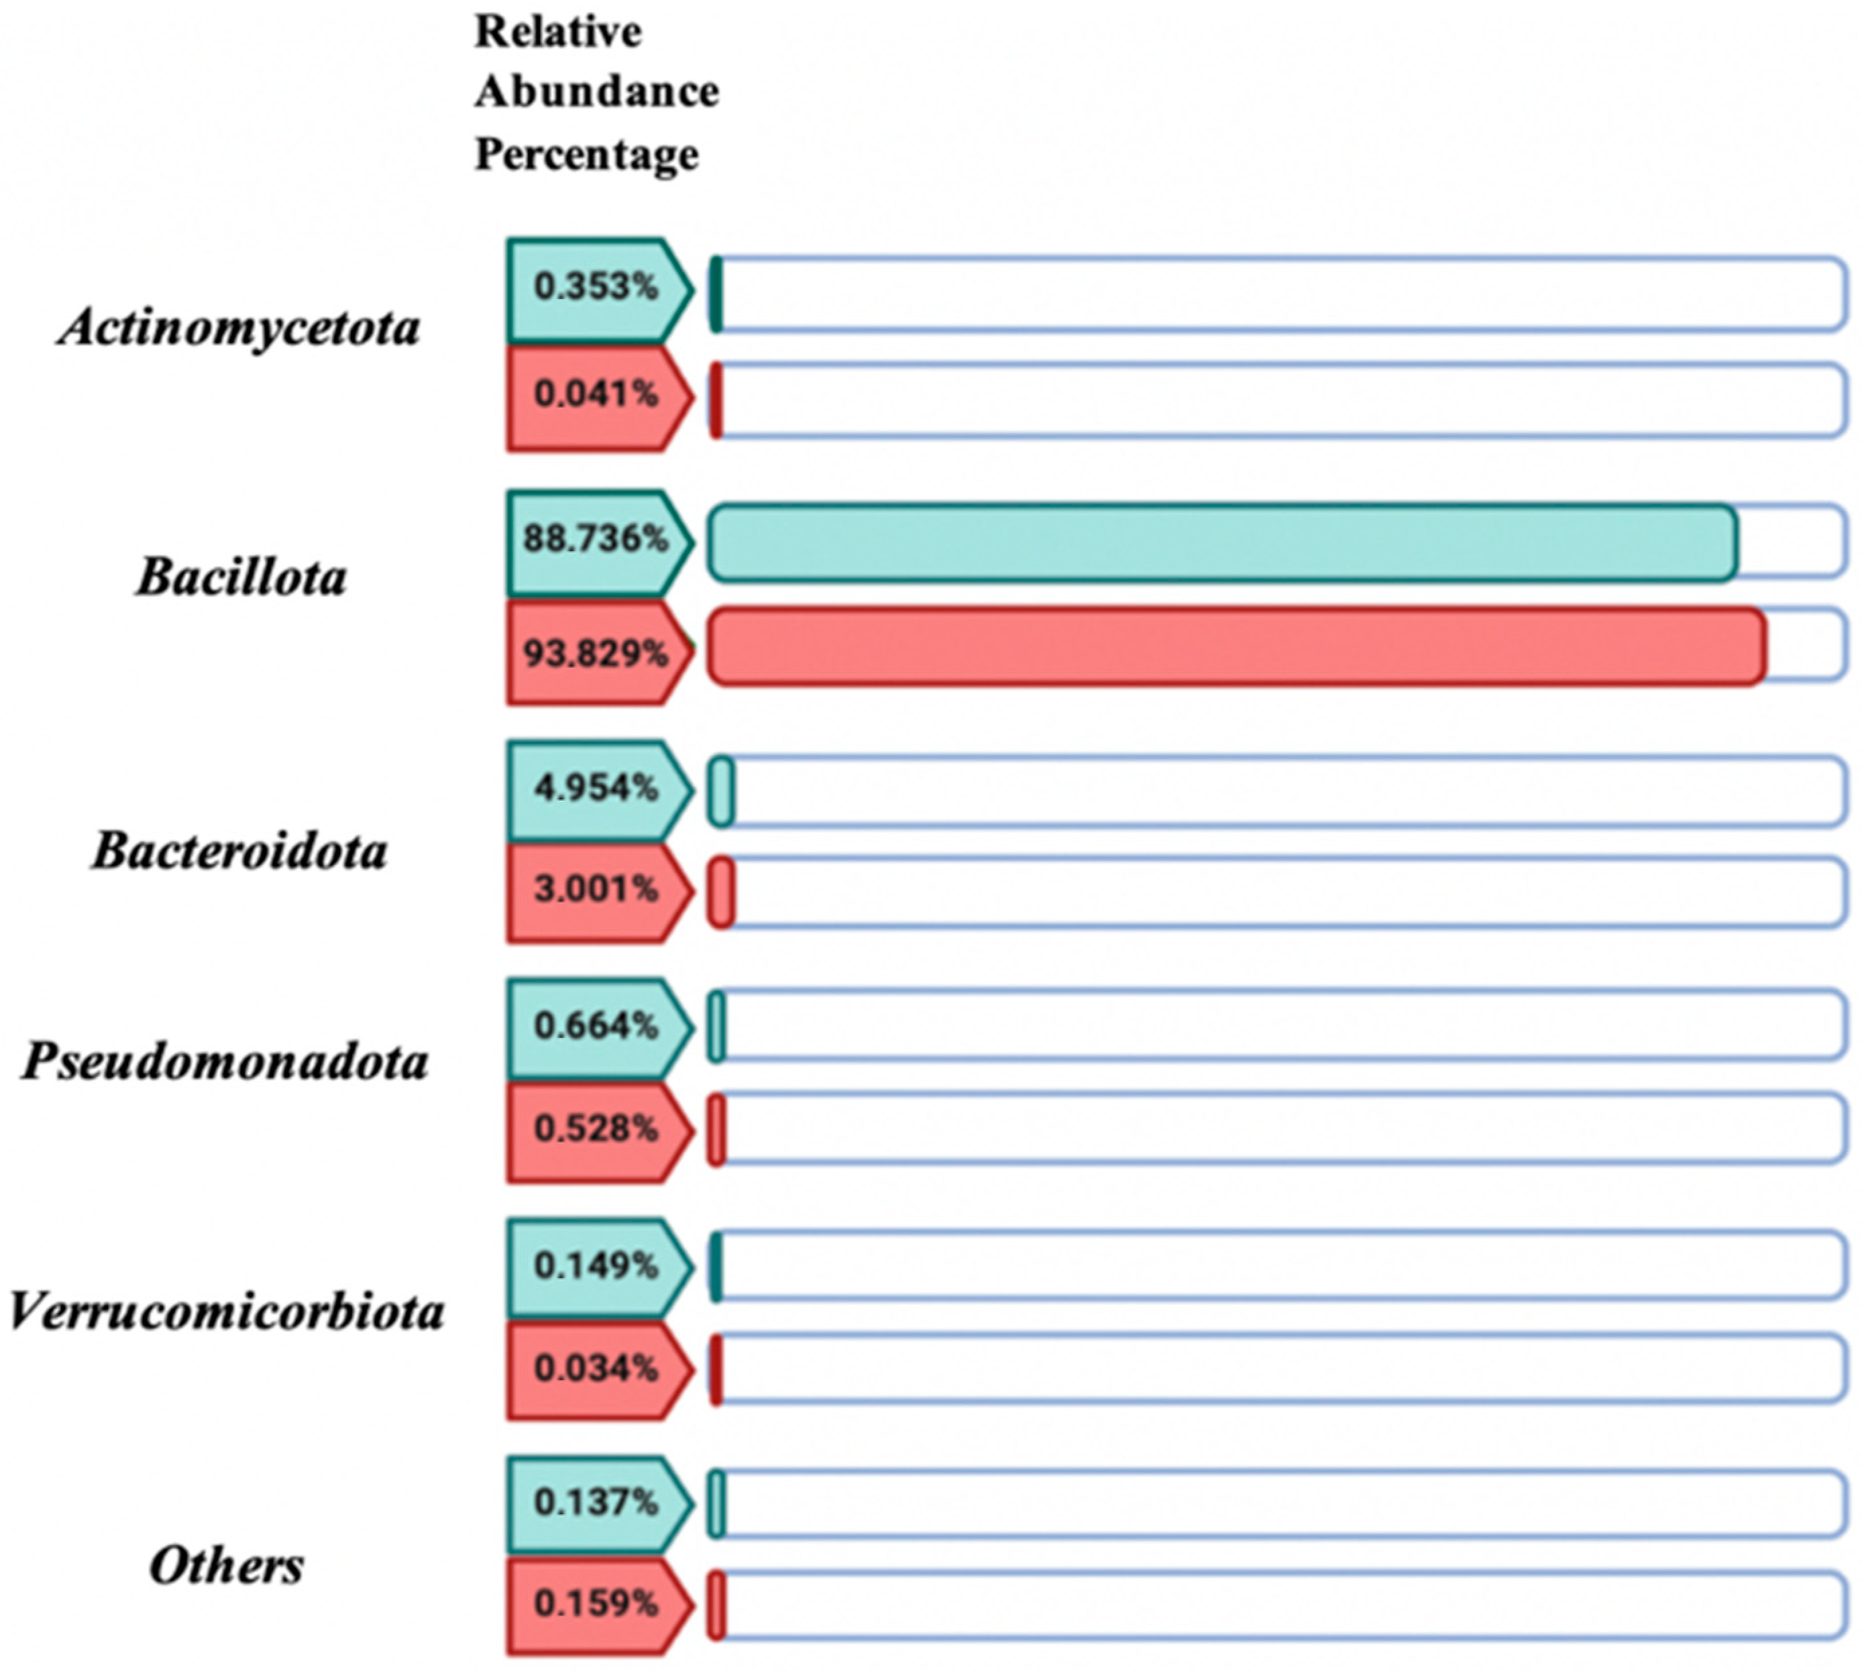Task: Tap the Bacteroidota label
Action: (x=239, y=851)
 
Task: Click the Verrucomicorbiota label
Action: (x=226, y=1311)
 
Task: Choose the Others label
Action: (x=226, y=1566)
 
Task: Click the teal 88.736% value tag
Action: (x=596, y=540)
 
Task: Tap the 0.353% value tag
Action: (x=596, y=288)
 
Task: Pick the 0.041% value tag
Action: (x=596, y=395)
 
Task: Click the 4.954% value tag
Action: (x=596, y=789)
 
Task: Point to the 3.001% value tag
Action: (x=596, y=890)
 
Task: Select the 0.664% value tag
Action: (x=596, y=1026)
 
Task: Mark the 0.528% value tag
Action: (x=596, y=1129)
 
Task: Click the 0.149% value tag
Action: (x=596, y=1267)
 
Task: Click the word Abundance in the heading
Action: (x=596, y=92)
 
